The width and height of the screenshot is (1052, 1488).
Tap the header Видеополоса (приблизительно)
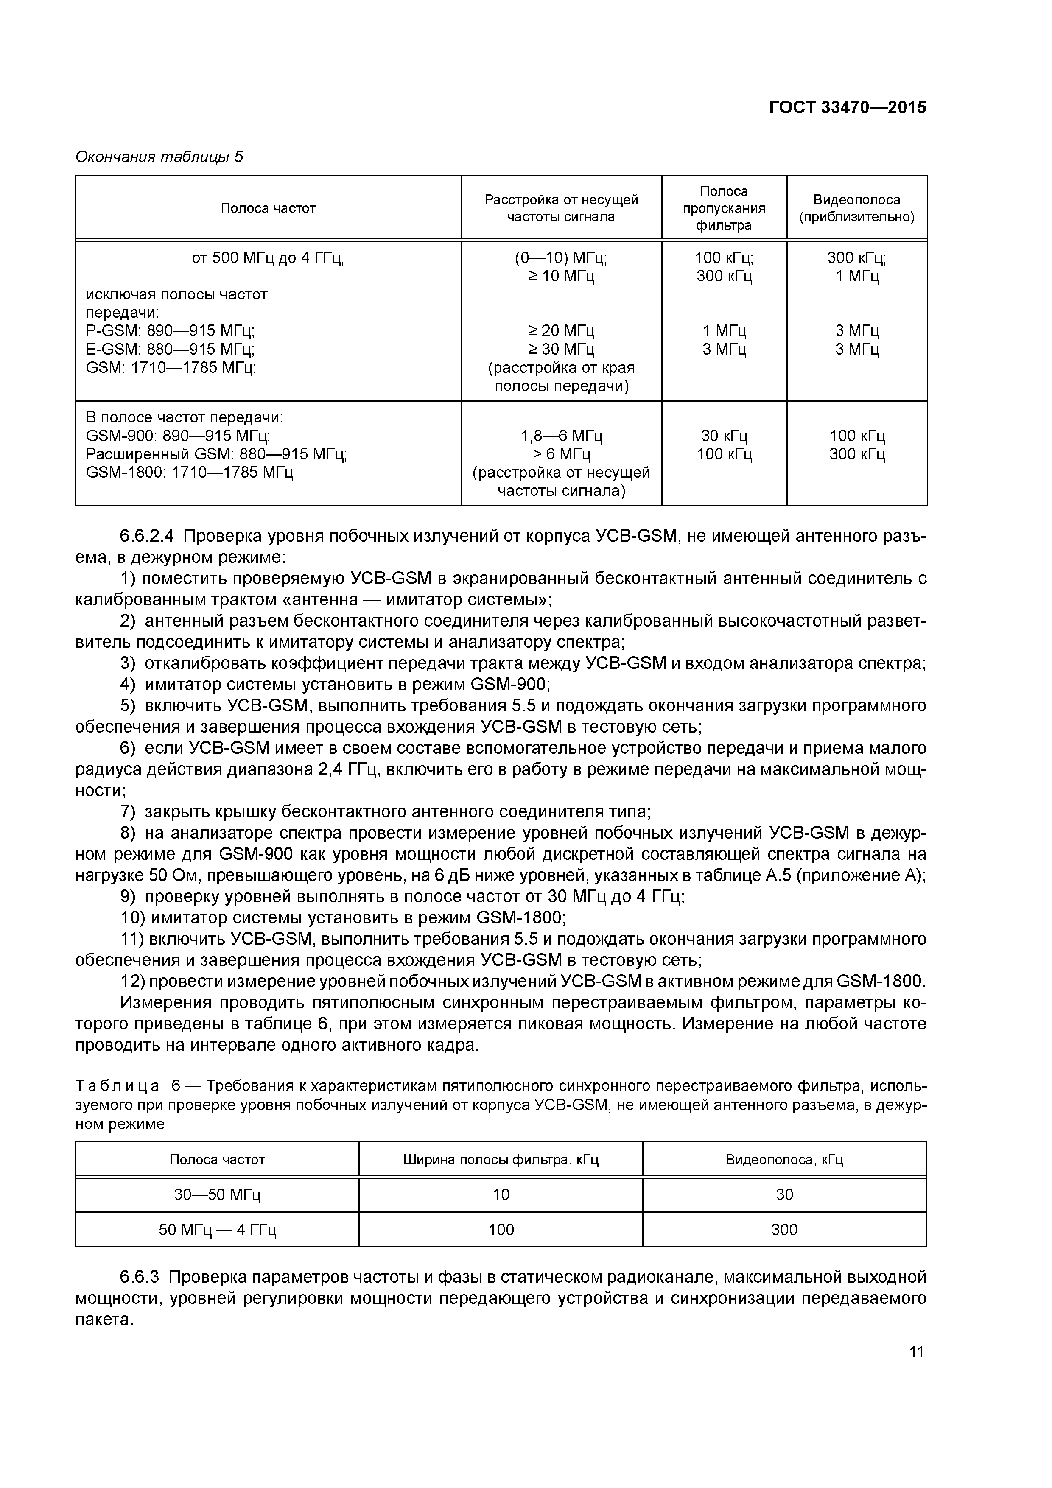click(x=856, y=208)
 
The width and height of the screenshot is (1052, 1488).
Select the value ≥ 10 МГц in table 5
click(x=561, y=277)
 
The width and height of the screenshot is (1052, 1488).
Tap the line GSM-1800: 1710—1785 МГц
click(x=189, y=472)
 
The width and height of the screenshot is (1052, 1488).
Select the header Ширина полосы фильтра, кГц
click(x=501, y=1159)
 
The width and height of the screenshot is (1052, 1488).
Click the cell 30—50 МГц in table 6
click(x=217, y=1194)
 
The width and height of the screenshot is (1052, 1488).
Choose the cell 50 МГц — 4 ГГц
click(x=217, y=1229)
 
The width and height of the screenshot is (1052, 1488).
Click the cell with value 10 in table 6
click(x=501, y=1194)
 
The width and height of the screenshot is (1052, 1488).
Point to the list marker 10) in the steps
click(x=133, y=917)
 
